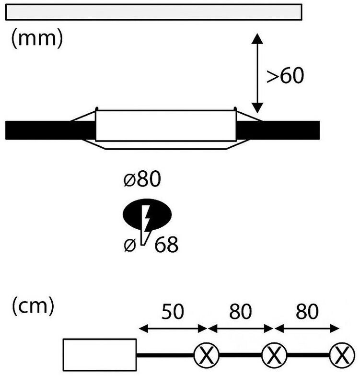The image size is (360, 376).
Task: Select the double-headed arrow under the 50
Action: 172,329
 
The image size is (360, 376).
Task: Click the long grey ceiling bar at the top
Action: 153,12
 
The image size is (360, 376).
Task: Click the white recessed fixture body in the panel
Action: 166,126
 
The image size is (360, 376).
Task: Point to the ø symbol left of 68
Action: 129,245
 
